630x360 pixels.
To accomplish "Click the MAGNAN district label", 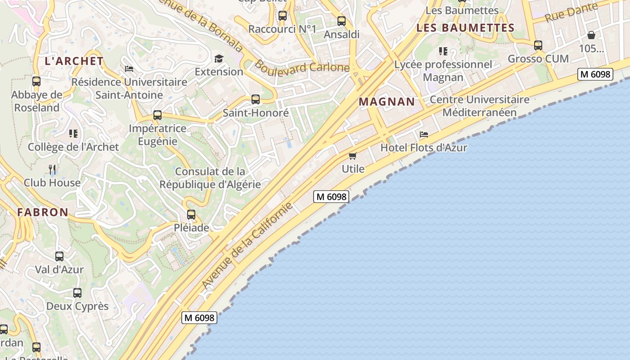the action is point(387,102).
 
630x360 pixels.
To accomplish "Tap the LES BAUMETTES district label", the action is point(465,28).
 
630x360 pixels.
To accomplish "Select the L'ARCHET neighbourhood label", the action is point(74,61).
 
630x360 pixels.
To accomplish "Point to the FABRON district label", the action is point(43,212).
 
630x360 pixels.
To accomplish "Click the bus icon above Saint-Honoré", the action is point(256,99).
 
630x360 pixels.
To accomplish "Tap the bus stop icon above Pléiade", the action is point(191,215).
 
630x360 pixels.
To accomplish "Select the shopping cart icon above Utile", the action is point(353,156).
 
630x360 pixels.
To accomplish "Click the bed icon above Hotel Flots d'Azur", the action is point(423,135).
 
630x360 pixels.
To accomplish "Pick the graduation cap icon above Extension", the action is point(219,58).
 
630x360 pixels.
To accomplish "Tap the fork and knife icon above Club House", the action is point(52,170).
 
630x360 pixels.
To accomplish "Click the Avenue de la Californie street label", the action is point(247,246).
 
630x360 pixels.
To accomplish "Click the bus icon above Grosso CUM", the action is point(538,45).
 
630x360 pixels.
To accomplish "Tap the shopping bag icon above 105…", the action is point(591,35).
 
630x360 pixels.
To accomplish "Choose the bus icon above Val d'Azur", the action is point(59,256).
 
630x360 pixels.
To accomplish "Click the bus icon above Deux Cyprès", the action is point(77,293).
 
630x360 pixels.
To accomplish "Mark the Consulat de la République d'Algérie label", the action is point(210,178).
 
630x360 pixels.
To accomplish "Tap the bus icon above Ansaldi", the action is point(342,21).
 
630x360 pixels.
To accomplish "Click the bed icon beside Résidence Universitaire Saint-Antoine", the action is point(129,69).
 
